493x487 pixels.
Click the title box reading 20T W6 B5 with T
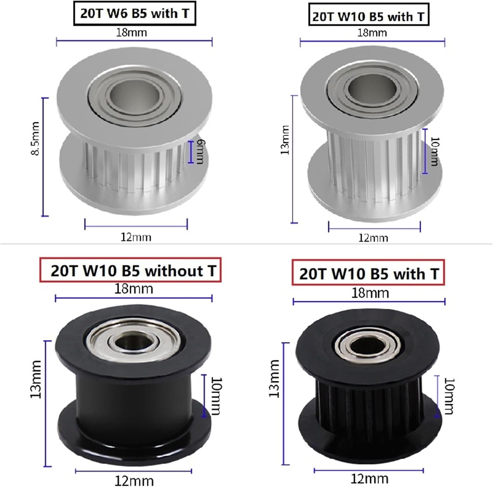[x=134, y=14]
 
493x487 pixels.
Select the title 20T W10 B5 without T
[x=130, y=271]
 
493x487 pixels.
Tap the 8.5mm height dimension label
[x=35, y=138]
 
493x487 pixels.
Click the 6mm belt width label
[x=200, y=151]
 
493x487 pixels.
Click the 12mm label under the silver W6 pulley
[x=136, y=237]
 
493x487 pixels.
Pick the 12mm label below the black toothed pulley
[x=369, y=478]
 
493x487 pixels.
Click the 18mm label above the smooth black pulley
[x=133, y=289]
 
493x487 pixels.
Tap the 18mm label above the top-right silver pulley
[x=372, y=33]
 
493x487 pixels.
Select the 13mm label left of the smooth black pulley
[x=36, y=379]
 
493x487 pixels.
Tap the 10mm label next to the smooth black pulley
[x=216, y=396]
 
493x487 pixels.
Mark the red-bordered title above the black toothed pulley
[x=368, y=273]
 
